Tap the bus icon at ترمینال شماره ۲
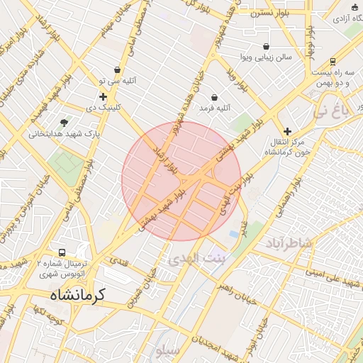tap(62, 252)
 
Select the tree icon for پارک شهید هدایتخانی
tap(65, 122)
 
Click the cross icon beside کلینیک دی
tap(103, 96)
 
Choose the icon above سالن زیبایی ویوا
tap(266, 46)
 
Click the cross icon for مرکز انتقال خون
tap(287, 131)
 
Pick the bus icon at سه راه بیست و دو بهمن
tap(333, 62)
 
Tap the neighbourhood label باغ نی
tap(331, 111)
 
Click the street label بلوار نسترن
tap(266, 12)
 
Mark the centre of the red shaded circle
tap(181, 181)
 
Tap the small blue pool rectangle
tap(234, 233)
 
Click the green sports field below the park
tap(65, 163)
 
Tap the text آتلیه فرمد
tap(215, 108)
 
